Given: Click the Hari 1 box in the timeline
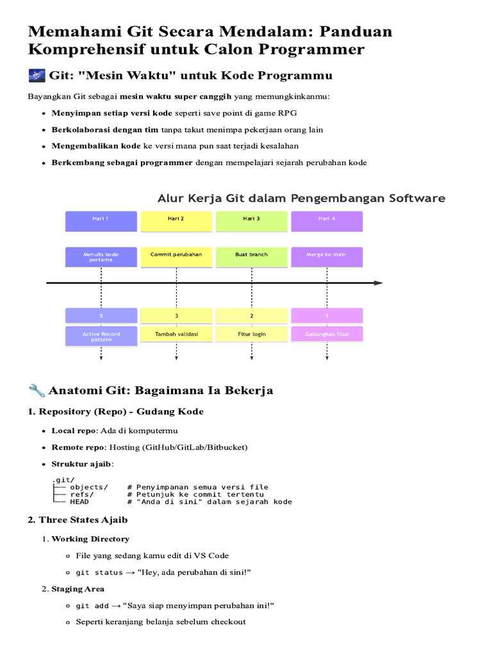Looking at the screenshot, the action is click(x=101, y=221).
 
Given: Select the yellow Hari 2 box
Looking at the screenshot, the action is click(x=176, y=221).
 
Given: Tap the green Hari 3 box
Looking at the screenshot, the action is click(x=251, y=221).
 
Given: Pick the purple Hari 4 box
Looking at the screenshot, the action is click(x=327, y=221).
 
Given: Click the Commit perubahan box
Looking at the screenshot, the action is click(x=176, y=257).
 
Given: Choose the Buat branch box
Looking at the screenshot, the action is click(x=251, y=257).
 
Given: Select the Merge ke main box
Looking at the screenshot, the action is click(x=327, y=257).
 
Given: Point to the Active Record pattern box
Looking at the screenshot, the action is click(x=101, y=336).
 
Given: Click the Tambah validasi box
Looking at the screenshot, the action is click(x=176, y=334).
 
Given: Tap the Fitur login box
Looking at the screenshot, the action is click(x=251, y=334).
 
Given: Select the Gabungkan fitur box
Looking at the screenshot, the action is click(x=327, y=334).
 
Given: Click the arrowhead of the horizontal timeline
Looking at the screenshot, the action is click(x=379, y=283).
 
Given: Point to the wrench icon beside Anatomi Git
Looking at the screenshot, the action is click(x=37, y=390).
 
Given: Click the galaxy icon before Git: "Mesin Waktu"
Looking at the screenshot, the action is click(x=37, y=76).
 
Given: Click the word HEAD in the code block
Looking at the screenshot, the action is click(x=79, y=502).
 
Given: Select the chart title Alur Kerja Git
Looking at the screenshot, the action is click(x=301, y=199).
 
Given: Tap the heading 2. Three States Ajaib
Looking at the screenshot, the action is click(x=78, y=520).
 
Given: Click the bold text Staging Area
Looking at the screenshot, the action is click(x=78, y=589).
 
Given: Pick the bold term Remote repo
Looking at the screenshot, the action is click(x=78, y=447).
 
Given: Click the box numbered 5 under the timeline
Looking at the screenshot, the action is click(x=101, y=316).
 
